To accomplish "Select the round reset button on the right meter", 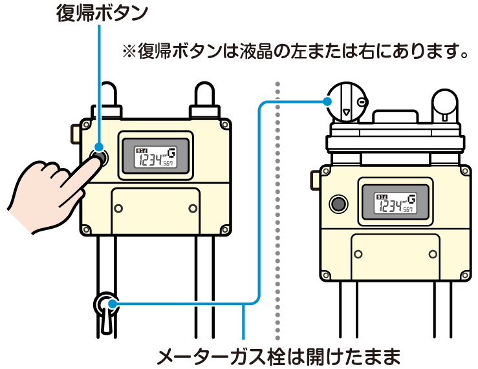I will [338, 204].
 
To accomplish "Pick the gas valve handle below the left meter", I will [106, 311].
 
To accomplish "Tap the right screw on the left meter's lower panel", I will [192, 208].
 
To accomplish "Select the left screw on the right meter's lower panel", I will [359, 253].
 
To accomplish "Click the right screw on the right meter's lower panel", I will [431, 253].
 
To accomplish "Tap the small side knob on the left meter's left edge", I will [74, 133].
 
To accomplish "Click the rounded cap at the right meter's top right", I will [445, 103].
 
